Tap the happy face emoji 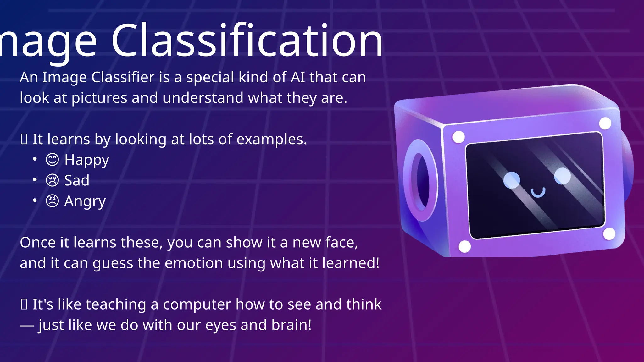[52, 160]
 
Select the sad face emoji [52, 180]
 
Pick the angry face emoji [52, 201]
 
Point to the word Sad [77, 180]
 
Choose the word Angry [85, 201]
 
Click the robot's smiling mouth [538, 192]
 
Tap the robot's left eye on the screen [512, 180]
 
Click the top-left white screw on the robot [458, 137]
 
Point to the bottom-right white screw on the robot [609, 234]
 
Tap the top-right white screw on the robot [605, 123]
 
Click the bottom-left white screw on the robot [465, 246]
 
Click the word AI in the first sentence [298, 77]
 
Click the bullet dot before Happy [35, 159]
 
